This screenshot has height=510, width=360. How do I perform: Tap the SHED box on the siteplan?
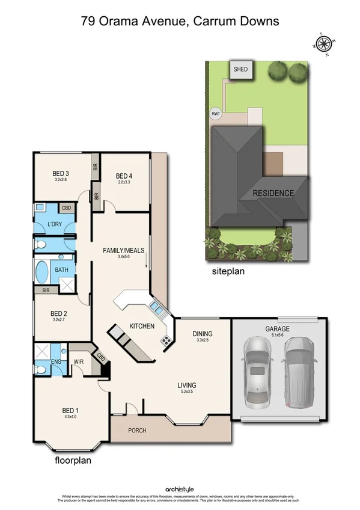coord(240,69)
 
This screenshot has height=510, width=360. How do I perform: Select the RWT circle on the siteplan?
coord(215,114)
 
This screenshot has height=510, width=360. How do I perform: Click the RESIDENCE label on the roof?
coord(273,194)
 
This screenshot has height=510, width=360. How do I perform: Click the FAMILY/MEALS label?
coord(124,250)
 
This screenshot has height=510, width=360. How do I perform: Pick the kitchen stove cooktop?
coord(165,342)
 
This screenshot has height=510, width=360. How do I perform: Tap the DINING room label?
coord(203,334)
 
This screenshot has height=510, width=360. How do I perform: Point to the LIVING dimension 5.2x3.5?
coord(186,392)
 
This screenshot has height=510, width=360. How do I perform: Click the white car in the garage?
coord(257,371)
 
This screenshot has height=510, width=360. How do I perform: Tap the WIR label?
coord(77,362)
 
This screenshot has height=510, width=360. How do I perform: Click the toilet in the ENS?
coord(41,369)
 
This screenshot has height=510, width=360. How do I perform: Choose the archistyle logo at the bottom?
coord(180,490)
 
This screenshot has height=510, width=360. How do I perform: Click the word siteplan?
coord(228,271)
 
